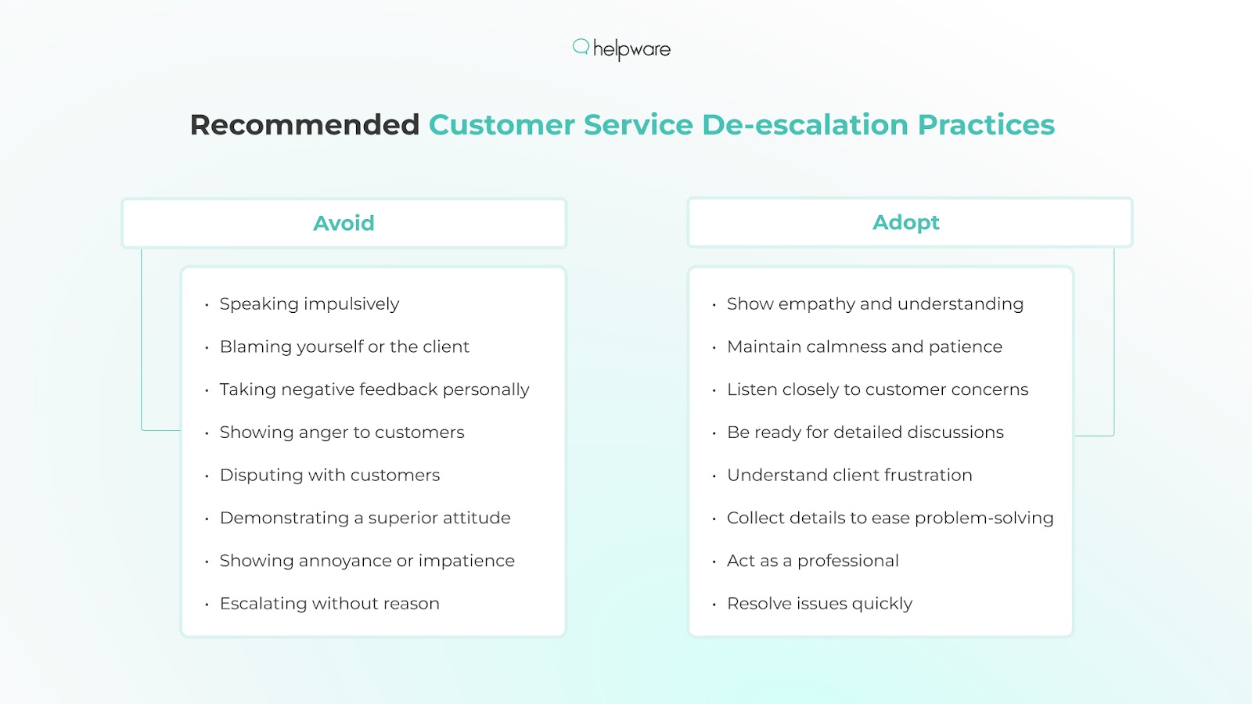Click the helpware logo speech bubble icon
[581, 47]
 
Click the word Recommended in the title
[304, 124]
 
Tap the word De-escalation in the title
[805, 124]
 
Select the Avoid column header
[344, 223]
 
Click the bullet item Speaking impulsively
[309, 304]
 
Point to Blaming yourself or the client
[344, 347]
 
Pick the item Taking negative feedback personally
[375, 390]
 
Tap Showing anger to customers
[342, 433]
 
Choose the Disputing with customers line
[329, 476]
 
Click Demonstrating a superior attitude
[365, 518]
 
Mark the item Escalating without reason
[329, 603]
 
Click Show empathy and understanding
[876, 304]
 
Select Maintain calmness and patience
[865, 347]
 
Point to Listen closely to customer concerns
[877, 390]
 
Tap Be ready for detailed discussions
[865, 433]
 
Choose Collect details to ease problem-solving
[890, 518]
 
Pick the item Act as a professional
[813, 561]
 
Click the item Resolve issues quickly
[819, 603]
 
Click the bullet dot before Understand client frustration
[714, 476]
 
